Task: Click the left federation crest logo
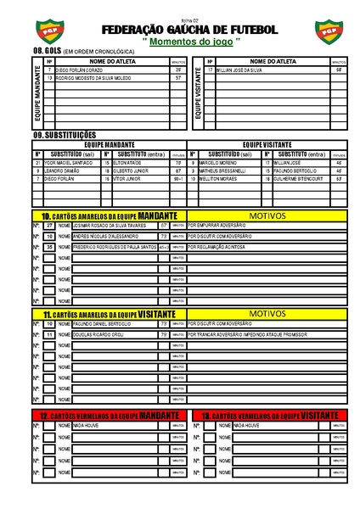pyautogui.click(x=38, y=31)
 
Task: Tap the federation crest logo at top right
pyautogui.click(x=327, y=31)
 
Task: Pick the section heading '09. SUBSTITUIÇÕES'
pyautogui.click(x=65, y=135)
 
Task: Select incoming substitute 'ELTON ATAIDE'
pyautogui.click(x=129, y=162)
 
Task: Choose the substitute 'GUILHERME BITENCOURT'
pyautogui.click(x=302, y=179)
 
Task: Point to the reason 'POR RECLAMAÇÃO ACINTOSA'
pyautogui.click(x=223, y=247)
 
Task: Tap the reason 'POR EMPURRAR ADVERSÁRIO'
pyautogui.click(x=222, y=226)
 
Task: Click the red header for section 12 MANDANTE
pyautogui.click(x=111, y=415)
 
